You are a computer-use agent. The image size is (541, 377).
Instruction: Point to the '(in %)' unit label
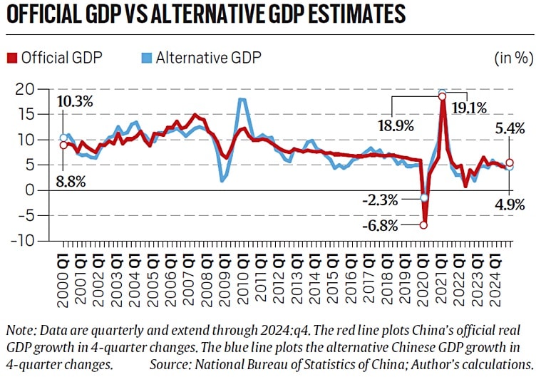[512, 58]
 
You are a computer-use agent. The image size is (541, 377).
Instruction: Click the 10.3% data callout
[76, 102]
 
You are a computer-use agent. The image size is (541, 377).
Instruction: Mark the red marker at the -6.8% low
[423, 225]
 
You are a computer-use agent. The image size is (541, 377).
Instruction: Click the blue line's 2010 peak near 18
[243, 100]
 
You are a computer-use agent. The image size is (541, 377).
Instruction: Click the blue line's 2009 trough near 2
[223, 180]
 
